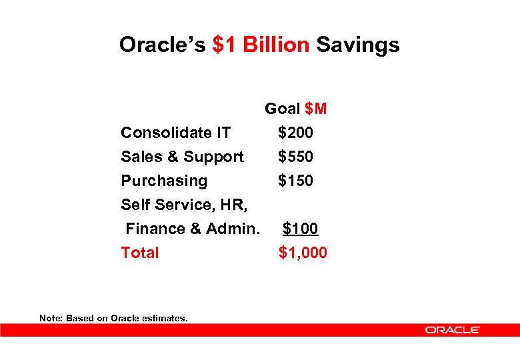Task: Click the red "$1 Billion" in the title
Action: pyautogui.click(x=261, y=45)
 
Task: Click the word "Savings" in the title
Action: pyautogui.click(x=357, y=45)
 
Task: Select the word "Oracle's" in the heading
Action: pyautogui.click(x=163, y=45)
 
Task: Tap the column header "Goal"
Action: pyautogui.click(x=283, y=109)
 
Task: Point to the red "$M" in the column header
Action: pyautogui.click(x=315, y=109)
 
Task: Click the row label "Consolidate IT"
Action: pyautogui.click(x=175, y=133)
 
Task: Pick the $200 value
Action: pyautogui.click(x=295, y=133)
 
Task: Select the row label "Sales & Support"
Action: pyautogui.click(x=182, y=157)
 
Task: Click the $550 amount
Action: pyautogui.click(x=295, y=157)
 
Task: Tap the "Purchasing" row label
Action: pyautogui.click(x=164, y=181)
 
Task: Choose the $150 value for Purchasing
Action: pyautogui.click(x=295, y=181)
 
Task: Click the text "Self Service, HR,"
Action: pyautogui.click(x=183, y=205)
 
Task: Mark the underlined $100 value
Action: pyautogui.click(x=300, y=229)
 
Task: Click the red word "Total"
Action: pyautogui.click(x=140, y=253)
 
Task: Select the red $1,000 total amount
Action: pyautogui.click(x=303, y=253)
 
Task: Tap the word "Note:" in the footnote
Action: pyautogui.click(x=51, y=318)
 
